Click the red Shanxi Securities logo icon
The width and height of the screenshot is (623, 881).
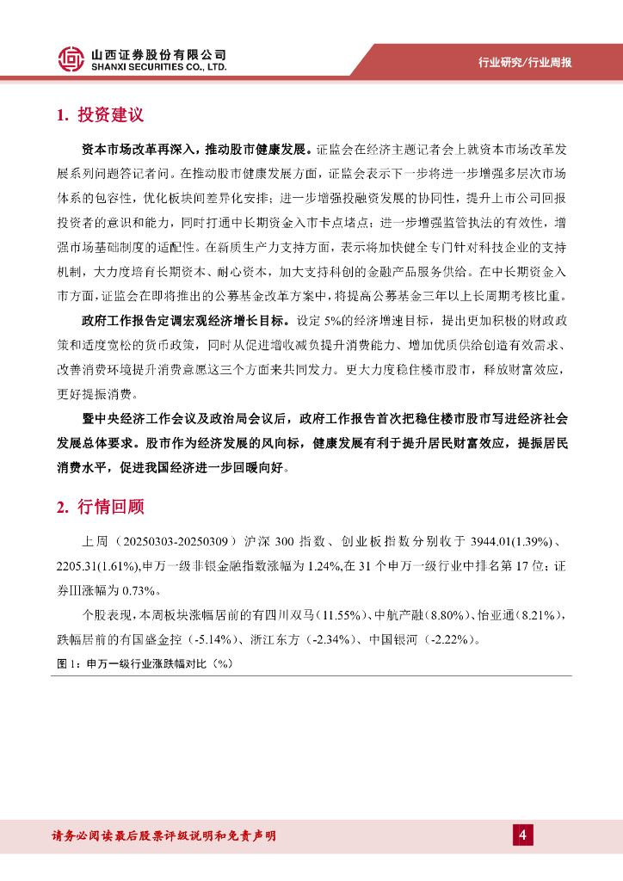click(71, 59)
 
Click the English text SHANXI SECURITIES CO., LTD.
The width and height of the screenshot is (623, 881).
click(159, 66)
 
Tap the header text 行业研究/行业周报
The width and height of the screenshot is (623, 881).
click(525, 62)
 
